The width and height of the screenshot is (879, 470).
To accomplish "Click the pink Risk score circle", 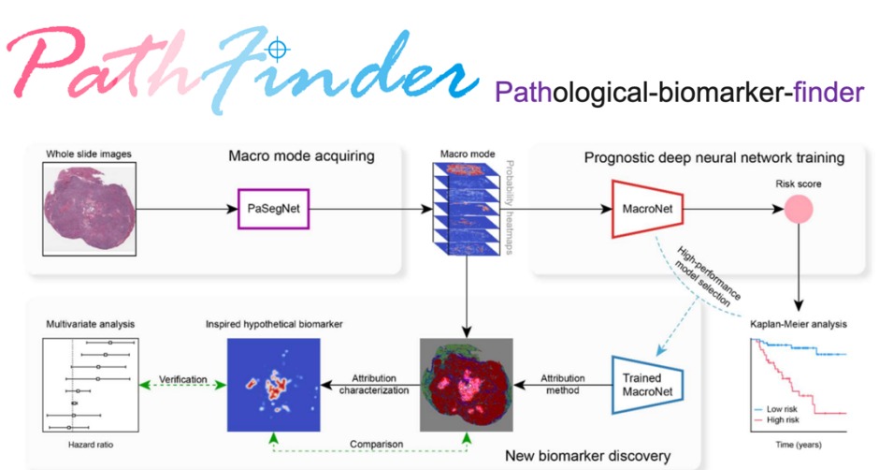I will pos(796,209).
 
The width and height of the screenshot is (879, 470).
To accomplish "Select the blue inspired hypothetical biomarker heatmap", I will pos(273,384).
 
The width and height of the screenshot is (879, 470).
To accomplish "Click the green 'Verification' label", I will pos(180,378).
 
